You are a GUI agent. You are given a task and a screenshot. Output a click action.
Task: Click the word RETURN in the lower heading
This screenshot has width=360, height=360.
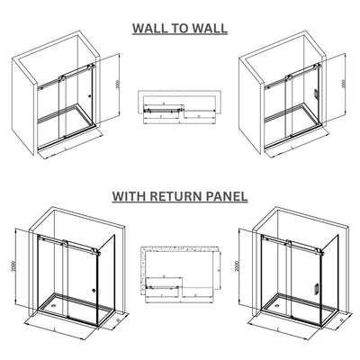tap(179, 194)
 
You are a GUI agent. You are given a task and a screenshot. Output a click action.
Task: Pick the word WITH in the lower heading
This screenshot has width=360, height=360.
tap(131, 194)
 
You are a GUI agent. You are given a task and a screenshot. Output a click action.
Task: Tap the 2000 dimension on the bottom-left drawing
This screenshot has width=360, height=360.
tap(13, 261)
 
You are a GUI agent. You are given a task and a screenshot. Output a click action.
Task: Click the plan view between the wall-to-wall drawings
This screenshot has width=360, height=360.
tap(177, 106)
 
